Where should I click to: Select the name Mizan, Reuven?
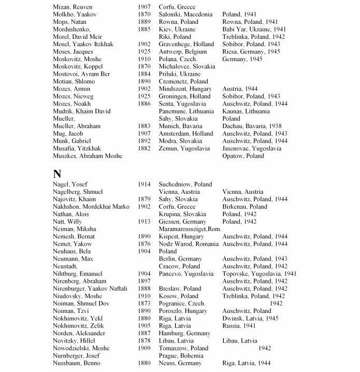(72, 7)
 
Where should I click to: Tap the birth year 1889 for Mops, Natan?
(144, 22)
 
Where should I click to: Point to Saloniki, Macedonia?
(185, 15)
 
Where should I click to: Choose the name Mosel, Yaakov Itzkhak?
(85, 45)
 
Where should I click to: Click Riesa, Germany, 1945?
(251, 52)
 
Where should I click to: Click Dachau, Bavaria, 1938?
(251, 126)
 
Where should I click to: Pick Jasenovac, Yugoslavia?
(251, 148)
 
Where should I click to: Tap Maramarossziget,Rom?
(191, 229)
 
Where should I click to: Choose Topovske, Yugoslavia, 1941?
(259, 274)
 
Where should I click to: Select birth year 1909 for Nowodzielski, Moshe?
(144, 348)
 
